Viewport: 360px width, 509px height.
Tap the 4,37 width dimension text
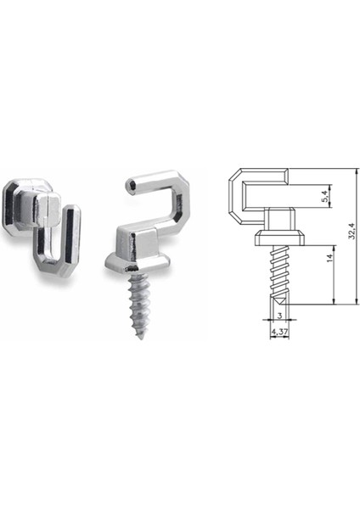pyautogui.click(x=278, y=333)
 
